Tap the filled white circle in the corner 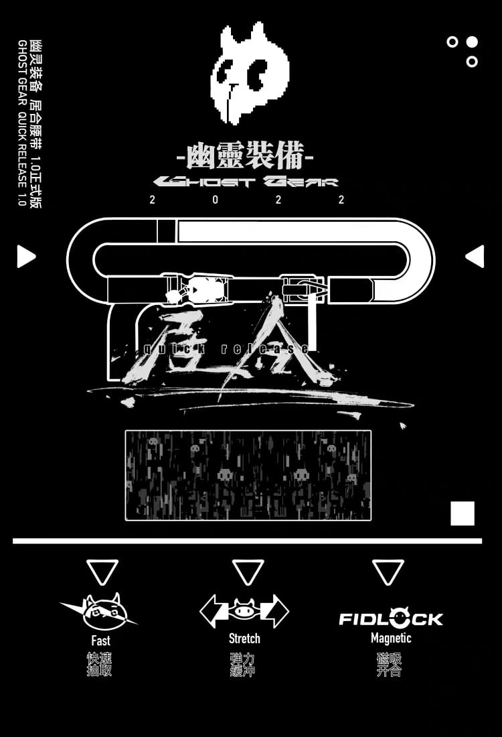(472, 42)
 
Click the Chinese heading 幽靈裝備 (245, 158)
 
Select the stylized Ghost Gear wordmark (246, 182)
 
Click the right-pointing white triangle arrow (25, 256)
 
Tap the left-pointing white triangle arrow (475, 256)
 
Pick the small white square (463, 513)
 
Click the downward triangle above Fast (102, 572)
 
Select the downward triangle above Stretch (248, 572)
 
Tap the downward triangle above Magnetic (388, 572)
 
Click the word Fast (101, 641)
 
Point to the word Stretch (244, 639)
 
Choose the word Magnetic (391, 638)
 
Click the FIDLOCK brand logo (391, 618)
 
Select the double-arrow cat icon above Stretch (244, 610)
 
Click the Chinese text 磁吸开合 (389, 665)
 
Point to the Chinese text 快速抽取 (100, 664)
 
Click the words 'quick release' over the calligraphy (228, 348)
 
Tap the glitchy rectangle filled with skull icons (248, 475)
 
